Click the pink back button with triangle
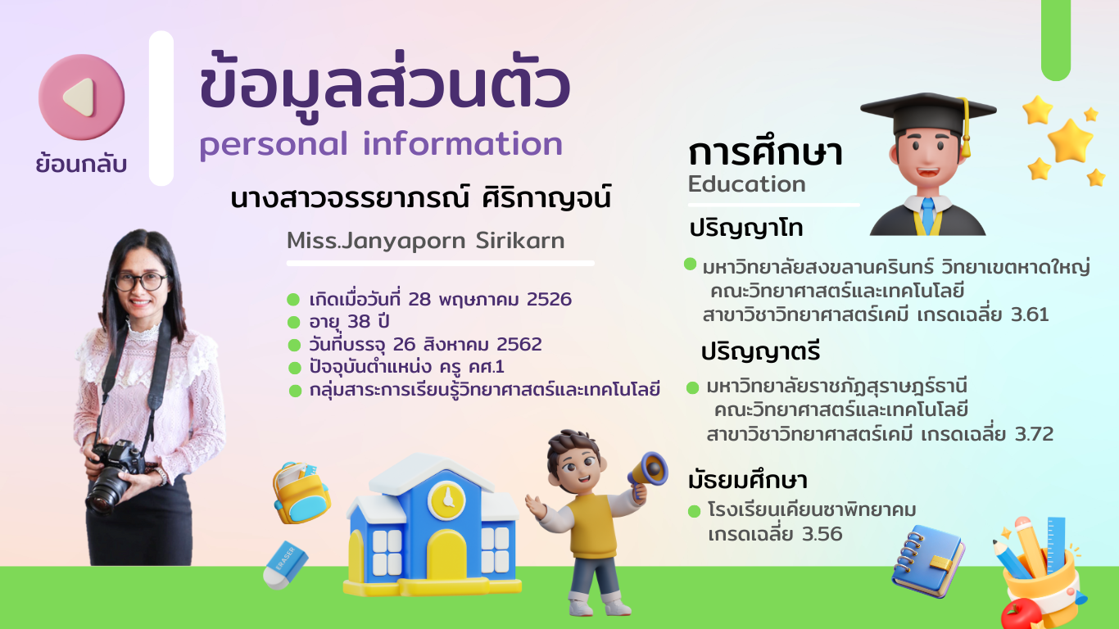coord(81,97)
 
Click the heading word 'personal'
coord(274,145)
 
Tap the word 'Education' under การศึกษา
coord(747,183)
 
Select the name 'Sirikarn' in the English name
coord(520,240)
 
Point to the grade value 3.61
coord(1030,314)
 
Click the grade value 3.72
coord(1034,433)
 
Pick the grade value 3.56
coord(822,534)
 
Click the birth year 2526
coord(549,299)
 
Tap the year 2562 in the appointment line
coord(519,344)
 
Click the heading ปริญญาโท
coord(746,229)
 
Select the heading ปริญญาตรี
coord(760,351)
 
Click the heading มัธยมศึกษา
coord(748,480)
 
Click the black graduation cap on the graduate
coord(928,112)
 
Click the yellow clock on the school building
coord(448,498)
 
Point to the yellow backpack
coord(301,492)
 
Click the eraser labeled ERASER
coord(285,564)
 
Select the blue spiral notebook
coord(928,560)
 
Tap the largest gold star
coord(1070,141)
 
